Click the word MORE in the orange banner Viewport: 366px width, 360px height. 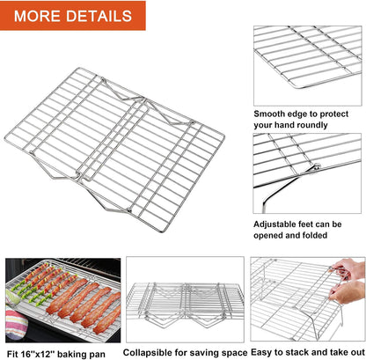[x=40, y=16]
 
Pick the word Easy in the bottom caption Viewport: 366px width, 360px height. [x=261, y=352]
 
